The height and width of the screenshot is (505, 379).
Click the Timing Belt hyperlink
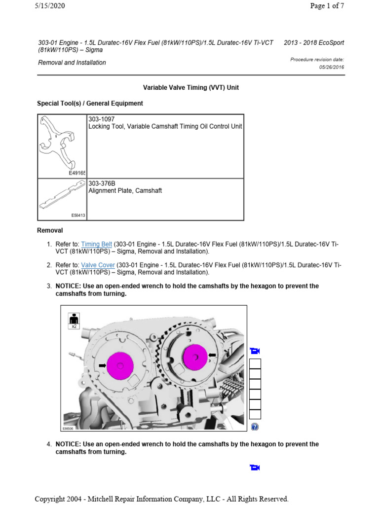pyautogui.click(x=97, y=244)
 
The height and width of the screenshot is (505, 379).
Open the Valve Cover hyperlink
pyautogui.click(x=96, y=265)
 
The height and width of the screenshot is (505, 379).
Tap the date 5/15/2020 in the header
pyautogui.click(x=49, y=6)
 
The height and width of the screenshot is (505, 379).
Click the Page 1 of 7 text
pyautogui.click(x=327, y=6)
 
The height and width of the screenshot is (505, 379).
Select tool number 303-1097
pyautogui.click(x=101, y=119)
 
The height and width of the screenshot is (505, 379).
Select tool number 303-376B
pyautogui.click(x=102, y=183)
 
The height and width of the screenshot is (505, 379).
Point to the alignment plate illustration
pyautogui.click(x=62, y=197)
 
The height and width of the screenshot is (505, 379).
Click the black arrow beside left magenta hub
pyautogui.click(x=102, y=365)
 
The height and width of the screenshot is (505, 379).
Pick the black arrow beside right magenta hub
pyautogui.click(x=213, y=355)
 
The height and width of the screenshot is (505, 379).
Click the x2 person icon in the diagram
pyautogui.click(x=74, y=320)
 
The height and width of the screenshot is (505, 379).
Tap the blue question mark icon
pyautogui.click(x=255, y=427)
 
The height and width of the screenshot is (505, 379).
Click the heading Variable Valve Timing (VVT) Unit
pyautogui.click(x=190, y=87)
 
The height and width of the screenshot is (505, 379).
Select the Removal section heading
pyautogui.click(x=50, y=230)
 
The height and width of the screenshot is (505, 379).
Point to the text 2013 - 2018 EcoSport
pyautogui.click(x=314, y=42)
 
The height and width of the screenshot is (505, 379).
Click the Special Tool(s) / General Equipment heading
pyautogui.click(x=90, y=104)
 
